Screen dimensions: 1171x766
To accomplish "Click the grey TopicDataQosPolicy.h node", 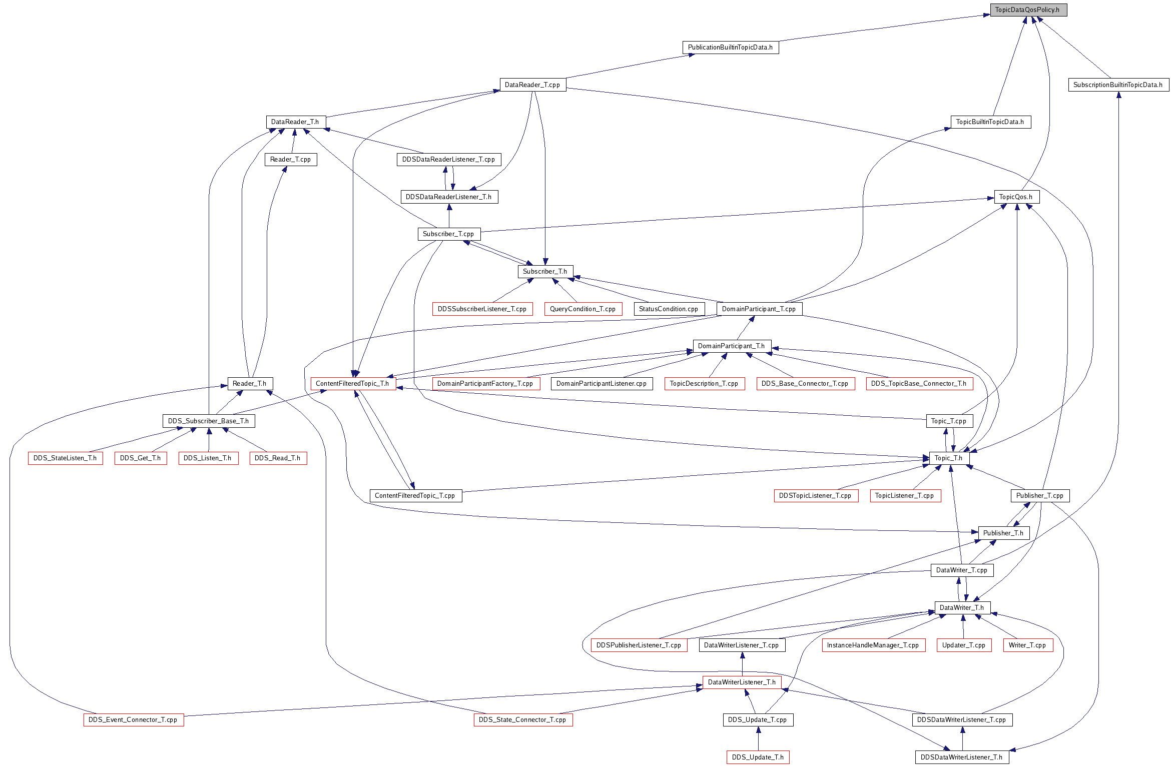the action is pyautogui.click(x=1028, y=10).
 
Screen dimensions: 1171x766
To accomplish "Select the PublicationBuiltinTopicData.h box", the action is pyautogui.click(x=731, y=48).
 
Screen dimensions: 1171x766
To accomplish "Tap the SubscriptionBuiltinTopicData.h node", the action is pyautogui.click(x=1118, y=85).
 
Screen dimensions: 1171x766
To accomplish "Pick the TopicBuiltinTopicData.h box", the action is pyautogui.click(x=990, y=122).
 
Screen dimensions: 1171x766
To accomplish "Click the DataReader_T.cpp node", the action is pyautogui.click(x=533, y=85).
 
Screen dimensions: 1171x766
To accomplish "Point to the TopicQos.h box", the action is pyautogui.click(x=1016, y=197).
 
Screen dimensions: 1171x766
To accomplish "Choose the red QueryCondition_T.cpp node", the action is pyautogui.click(x=583, y=309).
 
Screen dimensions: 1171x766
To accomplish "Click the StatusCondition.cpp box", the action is pyautogui.click(x=669, y=309).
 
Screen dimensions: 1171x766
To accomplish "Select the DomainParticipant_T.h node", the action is pyautogui.click(x=732, y=346).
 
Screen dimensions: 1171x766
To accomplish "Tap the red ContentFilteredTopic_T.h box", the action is pyautogui.click(x=353, y=384).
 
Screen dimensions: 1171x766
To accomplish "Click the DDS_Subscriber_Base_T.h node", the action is pyautogui.click(x=209, y=421).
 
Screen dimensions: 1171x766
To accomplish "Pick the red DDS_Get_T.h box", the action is pyautogui.click(x=141, y=458).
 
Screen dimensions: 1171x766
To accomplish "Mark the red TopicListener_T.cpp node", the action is pyautogui.click(x=905, y=496).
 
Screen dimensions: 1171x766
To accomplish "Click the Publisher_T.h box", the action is pyautogui.click(x=1004, y=533).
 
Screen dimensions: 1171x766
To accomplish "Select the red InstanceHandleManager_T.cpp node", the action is pyautogui.click(x=873, y=645).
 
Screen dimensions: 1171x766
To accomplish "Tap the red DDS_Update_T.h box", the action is pyautogui.click(x=758, y=757).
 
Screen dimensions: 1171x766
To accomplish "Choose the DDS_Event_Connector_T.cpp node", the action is pyautogui.click(x=134, y=720).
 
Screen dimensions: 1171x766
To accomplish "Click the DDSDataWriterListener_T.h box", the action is pyautogui.click(x=962, y=757).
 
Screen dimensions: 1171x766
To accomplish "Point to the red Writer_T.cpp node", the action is pyautogui.click(x=1028, y=645).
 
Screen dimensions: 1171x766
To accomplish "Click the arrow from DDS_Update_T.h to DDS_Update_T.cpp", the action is pyautogui.click(x=758, y=738).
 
